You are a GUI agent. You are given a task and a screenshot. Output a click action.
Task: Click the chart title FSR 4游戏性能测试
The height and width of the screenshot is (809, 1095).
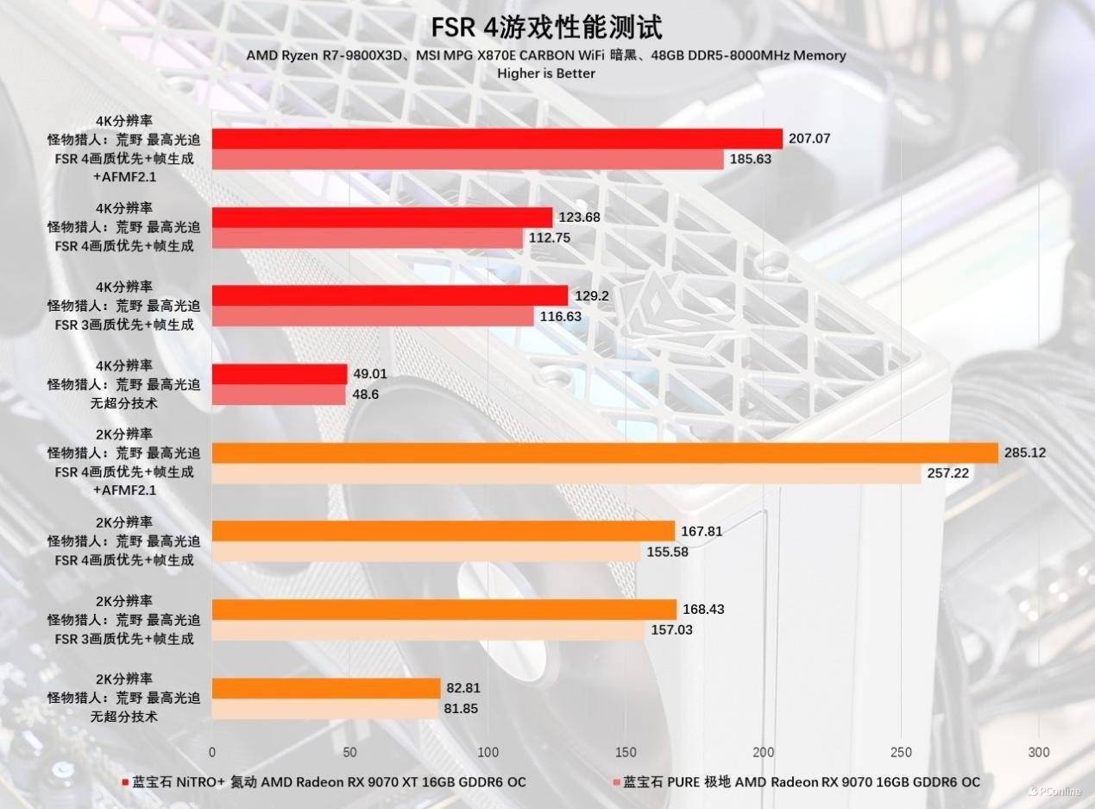coord(547,27)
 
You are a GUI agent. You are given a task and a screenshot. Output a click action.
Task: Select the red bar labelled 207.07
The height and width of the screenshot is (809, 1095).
coord(497,139)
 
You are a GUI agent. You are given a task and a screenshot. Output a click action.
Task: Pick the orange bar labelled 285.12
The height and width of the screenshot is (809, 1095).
coord(605,453)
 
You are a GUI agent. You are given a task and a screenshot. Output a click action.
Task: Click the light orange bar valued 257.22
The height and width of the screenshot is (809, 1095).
coord(566,474)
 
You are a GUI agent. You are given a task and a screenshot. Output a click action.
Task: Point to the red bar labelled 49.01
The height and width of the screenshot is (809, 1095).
coord(279,374)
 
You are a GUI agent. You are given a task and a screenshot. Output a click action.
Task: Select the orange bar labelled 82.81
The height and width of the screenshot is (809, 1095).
coord(326,688)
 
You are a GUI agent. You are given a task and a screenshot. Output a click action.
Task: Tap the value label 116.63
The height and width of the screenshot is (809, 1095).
coord(561,317)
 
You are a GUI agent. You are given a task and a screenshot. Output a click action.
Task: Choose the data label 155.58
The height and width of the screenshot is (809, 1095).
coord(667,552)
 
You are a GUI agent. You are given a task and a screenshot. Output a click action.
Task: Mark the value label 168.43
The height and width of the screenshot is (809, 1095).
coord(703,610)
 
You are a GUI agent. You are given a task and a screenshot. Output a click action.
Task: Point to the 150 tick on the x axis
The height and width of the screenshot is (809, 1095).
coord(625,751)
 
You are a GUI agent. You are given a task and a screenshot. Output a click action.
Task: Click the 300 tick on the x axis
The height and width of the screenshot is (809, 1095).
coord(1039,751)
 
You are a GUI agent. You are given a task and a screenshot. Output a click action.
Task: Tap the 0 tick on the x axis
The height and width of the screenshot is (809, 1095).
coord(212,751)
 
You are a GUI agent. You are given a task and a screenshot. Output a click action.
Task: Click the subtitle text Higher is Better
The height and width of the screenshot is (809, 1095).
coord(546,73)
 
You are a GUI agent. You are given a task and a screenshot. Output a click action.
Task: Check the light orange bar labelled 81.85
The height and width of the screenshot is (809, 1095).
coord(324,709)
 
